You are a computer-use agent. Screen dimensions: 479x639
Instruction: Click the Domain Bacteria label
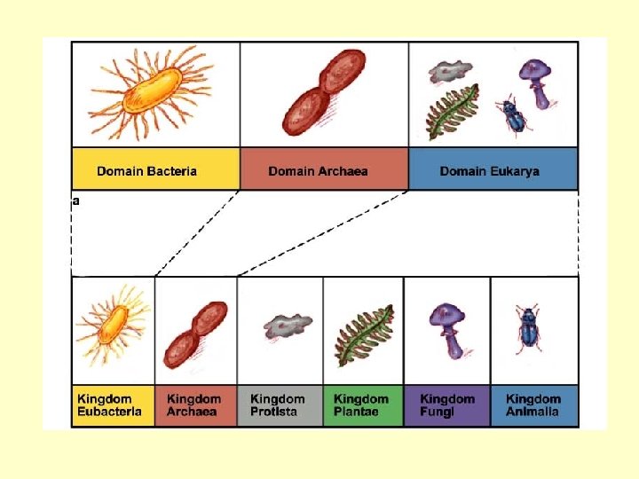(x=147, y=171)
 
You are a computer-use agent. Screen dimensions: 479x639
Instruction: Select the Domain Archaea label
(x=318, y=171)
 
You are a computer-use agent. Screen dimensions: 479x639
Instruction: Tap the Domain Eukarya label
(x=489, y=171)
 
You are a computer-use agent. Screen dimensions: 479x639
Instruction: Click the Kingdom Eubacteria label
(x=109, y=405)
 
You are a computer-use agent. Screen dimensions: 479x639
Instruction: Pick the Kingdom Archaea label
(x=193, y=405)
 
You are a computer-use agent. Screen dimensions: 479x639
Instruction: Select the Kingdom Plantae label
(x=361, y=405)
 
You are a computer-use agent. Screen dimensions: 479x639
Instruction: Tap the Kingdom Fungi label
(x=447, y=405)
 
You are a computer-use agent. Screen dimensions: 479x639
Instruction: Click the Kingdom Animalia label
(x=533, y=405)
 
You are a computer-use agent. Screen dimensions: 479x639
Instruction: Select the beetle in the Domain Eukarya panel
(x=512, y=115)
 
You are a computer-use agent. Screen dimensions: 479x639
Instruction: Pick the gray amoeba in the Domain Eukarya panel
(x=451, y=71)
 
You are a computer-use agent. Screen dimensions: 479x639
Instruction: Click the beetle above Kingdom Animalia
(x=530, y=327)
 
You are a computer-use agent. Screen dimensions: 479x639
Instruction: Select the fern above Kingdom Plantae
(x=363, y=334)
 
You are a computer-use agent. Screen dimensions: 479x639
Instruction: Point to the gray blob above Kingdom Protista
(x=288, y=326)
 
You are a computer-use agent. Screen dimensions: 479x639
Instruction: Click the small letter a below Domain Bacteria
(x=75, y=201)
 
